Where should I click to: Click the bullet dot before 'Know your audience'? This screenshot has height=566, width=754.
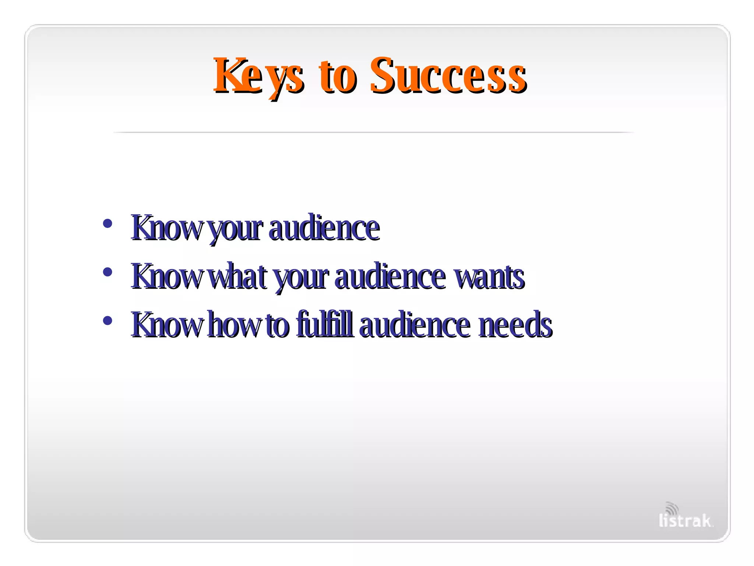(x=108, y=223)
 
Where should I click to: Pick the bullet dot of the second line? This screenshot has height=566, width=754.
(x=108, y=272)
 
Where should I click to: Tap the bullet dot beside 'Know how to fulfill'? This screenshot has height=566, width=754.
(x=108, y=321)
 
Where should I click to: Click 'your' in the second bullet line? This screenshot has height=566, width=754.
(x=301, y=278)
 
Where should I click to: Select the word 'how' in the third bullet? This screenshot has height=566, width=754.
(x=233, y=325)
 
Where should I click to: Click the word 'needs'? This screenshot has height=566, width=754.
(x=515, y=325)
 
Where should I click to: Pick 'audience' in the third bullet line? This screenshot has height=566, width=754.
(x=415, y=325)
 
